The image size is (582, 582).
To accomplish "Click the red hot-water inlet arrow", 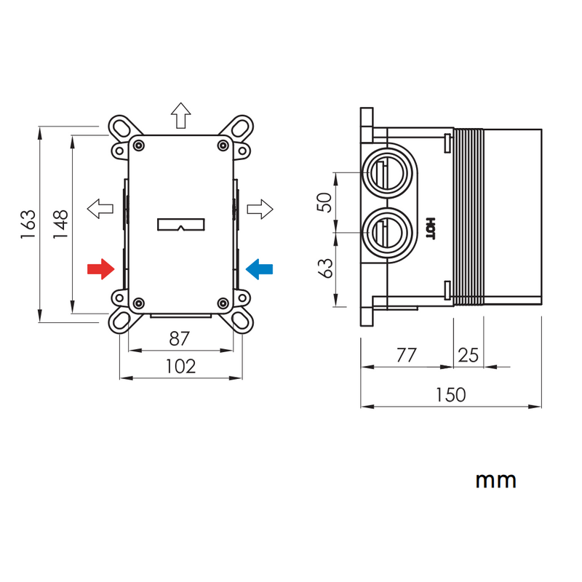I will tap(100, 269).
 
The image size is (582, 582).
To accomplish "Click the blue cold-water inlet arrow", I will tap(260, 269).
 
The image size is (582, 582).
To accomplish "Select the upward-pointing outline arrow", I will tap(180, 115).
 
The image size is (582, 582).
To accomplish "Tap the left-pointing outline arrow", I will tap(100, 209).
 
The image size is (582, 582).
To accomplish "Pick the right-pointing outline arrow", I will tap(260, 210).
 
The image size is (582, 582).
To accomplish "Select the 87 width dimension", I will tap(180, 339).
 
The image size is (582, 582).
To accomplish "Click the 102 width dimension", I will tap(180, 366).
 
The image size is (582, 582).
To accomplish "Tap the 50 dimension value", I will tap(327, 202).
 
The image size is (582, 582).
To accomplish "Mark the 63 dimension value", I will tap(327, 268).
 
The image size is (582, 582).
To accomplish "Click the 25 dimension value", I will tap(469, 355).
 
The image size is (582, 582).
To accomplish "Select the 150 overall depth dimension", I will tap(450, 394).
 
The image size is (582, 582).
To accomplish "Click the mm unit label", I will tap(496, 481).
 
